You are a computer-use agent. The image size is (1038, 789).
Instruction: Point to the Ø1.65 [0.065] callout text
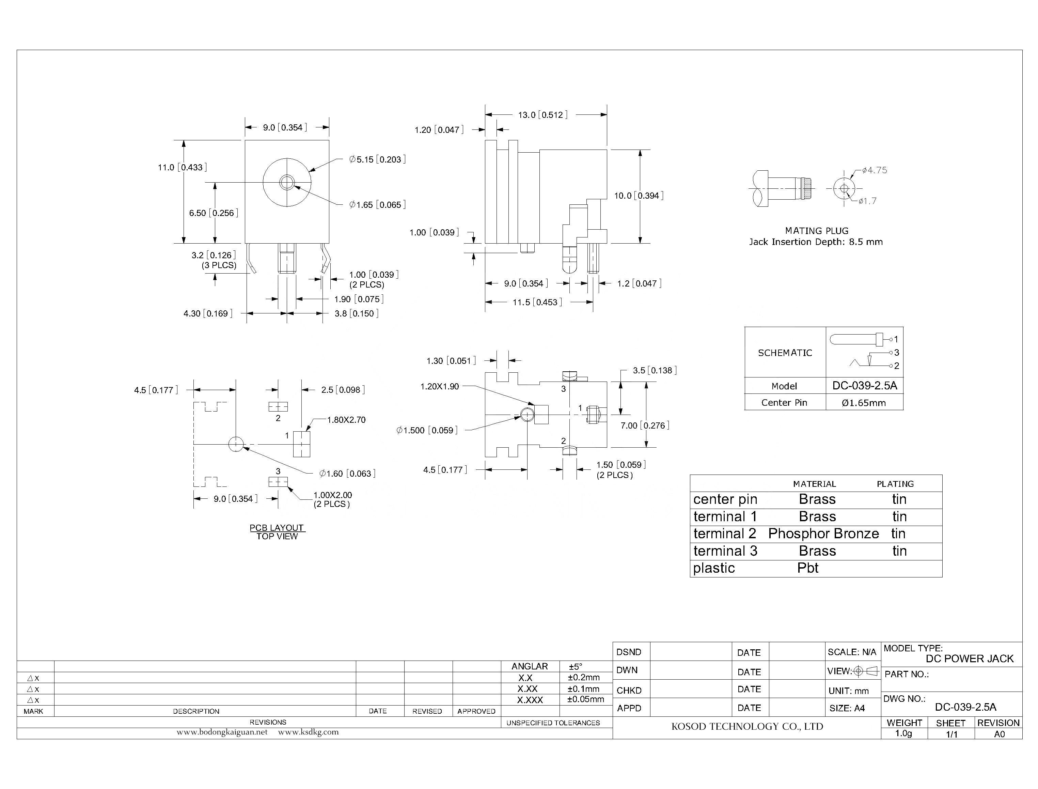click(x=377, y=205)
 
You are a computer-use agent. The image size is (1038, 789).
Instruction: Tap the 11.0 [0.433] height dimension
click(x=182, y=167)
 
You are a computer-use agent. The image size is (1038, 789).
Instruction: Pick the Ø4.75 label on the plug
click(x=874, y=170)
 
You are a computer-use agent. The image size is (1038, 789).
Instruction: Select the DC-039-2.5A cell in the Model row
click(x=864, y=386)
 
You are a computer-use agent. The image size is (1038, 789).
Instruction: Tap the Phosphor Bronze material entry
click(x=823, y=533)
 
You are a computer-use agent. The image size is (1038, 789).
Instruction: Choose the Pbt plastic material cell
click(x=807, y=568)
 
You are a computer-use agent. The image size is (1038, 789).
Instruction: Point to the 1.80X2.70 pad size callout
click(x=346, y=420)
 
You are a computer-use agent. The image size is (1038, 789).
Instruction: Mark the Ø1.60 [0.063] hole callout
click(x=347, y=474)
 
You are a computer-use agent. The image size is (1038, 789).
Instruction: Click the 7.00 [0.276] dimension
click(x=645, y=426)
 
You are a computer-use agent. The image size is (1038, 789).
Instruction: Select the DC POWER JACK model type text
click(x=970, y=659)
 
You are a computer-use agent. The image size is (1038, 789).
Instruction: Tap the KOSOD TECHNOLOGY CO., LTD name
click(x=747, y=727)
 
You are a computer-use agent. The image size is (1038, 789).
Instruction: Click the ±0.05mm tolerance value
click(x=585, y=699)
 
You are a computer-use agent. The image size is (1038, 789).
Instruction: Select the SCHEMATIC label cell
click(x=785, y=353)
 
